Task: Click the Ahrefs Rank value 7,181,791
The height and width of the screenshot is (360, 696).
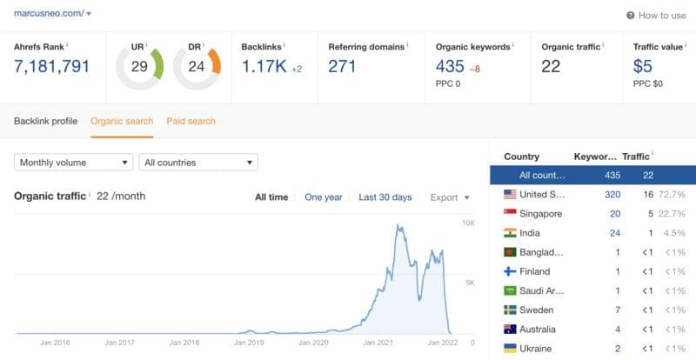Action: click(52, 66)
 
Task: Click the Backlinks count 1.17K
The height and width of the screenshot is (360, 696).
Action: click(264, 66)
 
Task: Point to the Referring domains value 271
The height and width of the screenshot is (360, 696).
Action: click(342, 66)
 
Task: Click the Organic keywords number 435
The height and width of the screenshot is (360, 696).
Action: click(450, 66)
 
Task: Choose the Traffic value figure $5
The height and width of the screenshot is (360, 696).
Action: click(644, 66)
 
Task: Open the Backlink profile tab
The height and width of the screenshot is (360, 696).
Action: click(46, 121)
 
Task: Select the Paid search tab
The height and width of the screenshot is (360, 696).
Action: click(191, 121)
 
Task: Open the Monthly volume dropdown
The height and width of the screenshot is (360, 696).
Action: click(73, 163)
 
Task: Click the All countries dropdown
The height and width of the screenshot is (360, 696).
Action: click(198, 163)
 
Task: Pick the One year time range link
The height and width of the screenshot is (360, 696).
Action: click(323, 197)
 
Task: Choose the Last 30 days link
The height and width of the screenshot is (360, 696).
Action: click(385, 197)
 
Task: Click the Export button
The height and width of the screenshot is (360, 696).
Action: click(450, 197)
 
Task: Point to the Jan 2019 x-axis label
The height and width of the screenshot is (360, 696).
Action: click(250, 343)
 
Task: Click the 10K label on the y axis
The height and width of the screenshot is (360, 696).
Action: click(467, 223)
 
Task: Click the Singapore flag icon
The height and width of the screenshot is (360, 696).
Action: click(511, 214)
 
